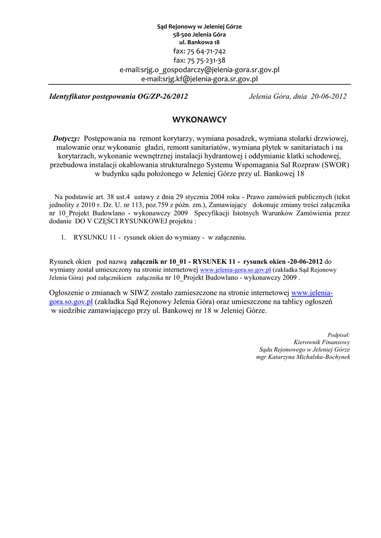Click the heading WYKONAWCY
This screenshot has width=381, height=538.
(x=200, y=120)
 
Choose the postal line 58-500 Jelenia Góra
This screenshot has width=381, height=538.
(x=200, y=34)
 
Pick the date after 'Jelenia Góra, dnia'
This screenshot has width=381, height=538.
(x=328, y=97)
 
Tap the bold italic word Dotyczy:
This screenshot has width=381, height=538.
(x=66, y=139)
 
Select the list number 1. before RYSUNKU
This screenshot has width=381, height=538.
(x=63, y=237)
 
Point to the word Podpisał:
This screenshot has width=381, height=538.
(x=338, y=334)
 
